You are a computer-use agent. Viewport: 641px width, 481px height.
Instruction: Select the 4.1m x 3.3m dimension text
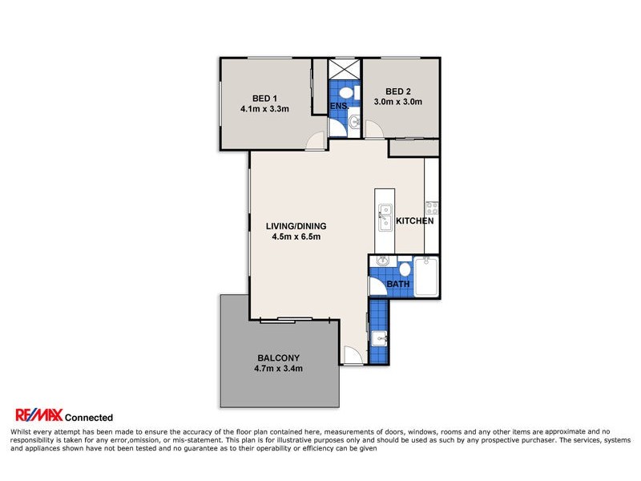tap(264, 108)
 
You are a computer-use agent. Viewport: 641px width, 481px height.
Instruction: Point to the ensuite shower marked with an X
tap(345, 67)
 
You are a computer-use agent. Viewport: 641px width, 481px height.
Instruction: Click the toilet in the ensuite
tap(345, 93)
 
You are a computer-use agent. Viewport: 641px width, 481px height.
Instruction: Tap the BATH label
tap(398, 284)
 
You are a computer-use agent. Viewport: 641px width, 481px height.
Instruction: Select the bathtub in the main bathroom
tap(426, 277)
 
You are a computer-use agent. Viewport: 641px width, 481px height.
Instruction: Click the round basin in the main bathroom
tap(382, 261)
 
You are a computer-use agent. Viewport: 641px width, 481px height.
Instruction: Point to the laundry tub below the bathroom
tap(381, 338)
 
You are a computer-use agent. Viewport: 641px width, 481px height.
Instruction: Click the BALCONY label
tap(278, 358)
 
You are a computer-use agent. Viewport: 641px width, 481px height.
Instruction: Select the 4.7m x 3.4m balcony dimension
tap(278, 369)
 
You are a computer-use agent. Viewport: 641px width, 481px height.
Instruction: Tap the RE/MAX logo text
tap(38, 415)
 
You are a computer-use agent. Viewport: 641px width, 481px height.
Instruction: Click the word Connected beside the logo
tap(88, 417)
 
